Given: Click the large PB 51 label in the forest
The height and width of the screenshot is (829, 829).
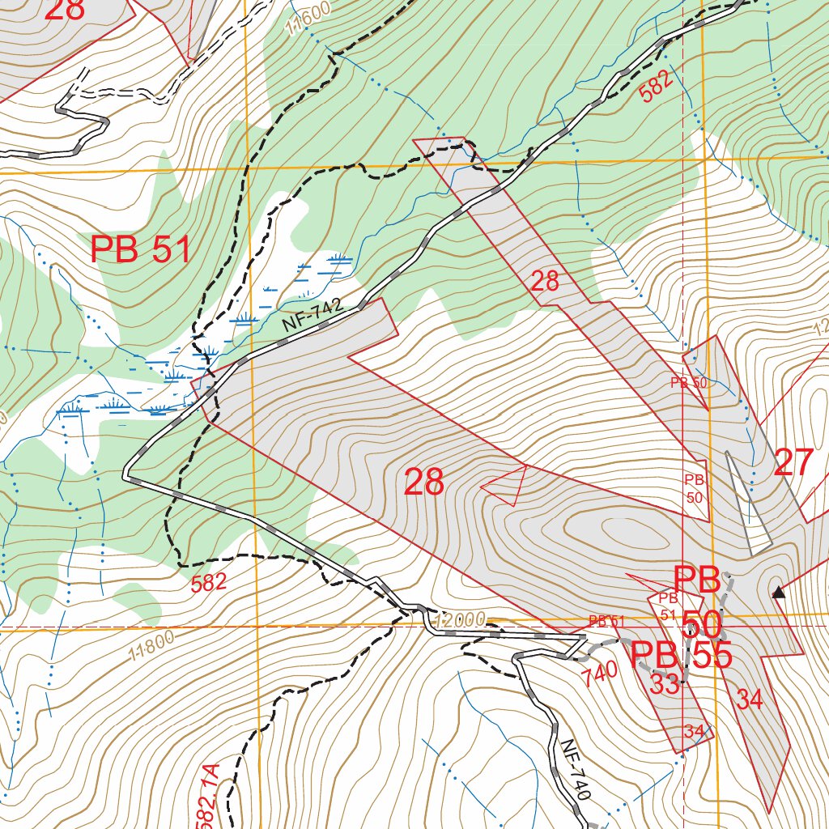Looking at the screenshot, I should coord(141,250).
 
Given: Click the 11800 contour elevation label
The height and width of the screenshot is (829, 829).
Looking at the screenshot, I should coord(151,647).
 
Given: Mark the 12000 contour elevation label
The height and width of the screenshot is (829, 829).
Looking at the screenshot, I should coord(459,621).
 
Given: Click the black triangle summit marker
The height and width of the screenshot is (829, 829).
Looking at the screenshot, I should coord(778,593).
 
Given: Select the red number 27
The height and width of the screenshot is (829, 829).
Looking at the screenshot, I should coord(793,463).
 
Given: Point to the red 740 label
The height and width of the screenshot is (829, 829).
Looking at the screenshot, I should coord(600,670).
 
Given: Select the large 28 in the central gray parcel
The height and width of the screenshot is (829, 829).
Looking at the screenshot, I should coord(424,483).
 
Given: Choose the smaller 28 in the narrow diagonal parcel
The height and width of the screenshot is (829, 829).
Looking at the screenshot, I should coord(545,282).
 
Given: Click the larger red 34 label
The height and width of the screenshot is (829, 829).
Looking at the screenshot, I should coord(750,699).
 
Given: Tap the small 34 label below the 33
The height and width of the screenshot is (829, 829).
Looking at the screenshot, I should coord(694,731).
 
